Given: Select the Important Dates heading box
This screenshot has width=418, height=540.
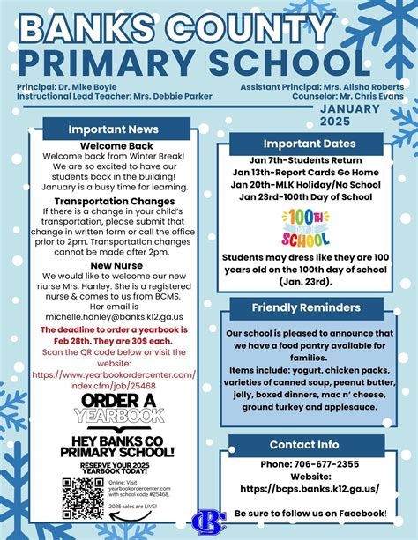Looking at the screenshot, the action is point(309,144).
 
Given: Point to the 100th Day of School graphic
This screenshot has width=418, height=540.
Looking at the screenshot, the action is point(305,228).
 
